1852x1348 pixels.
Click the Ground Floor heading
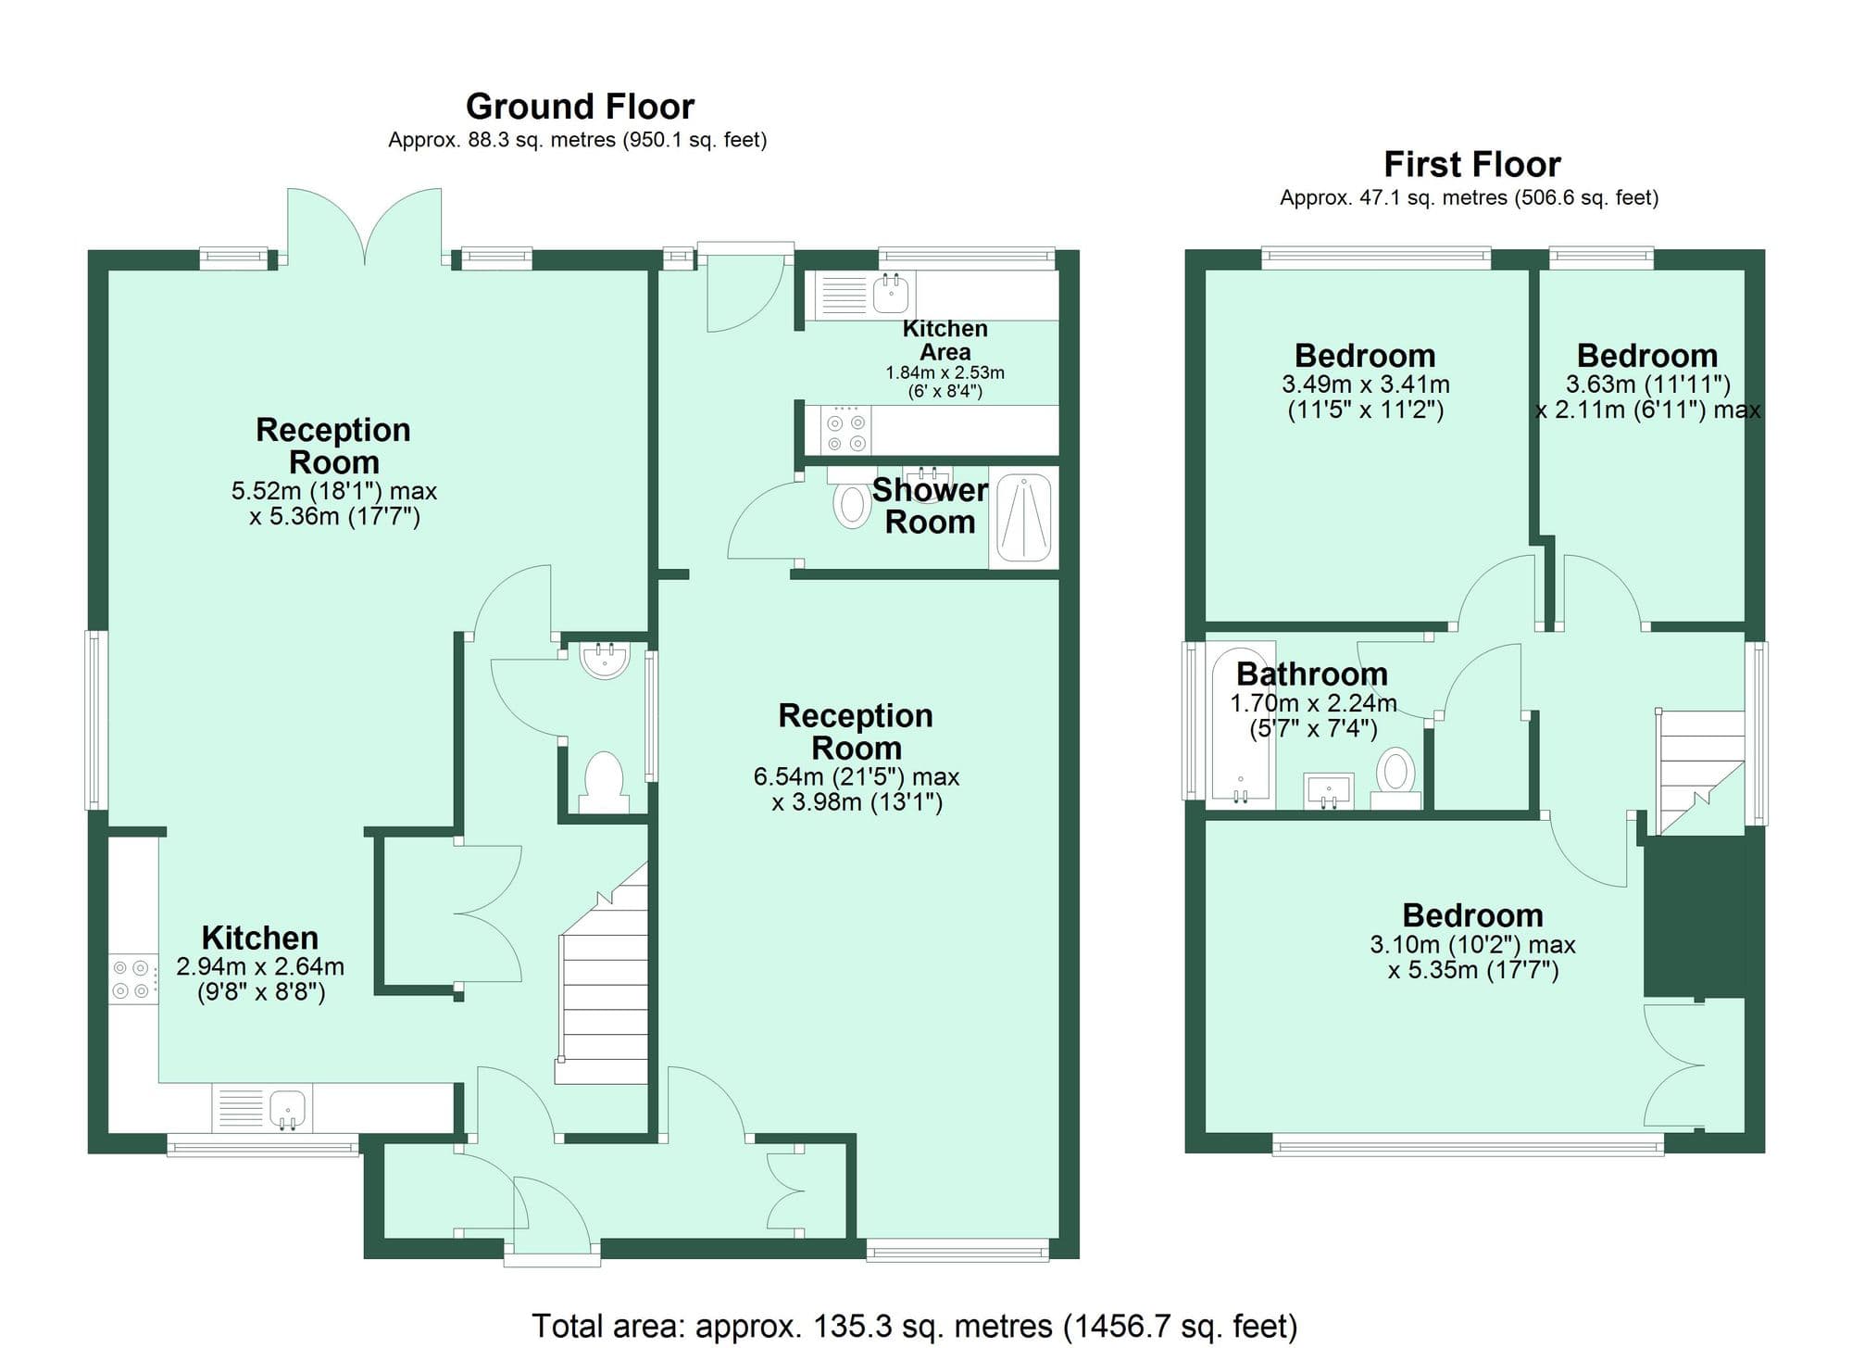click(x=580, y=107)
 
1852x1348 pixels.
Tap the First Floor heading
click(x=1471, y=164)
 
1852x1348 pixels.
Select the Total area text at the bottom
click(x=914, y=1326)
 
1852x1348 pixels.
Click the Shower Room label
click(x=930, y=506)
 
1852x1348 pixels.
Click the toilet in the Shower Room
click(x=851, y=506)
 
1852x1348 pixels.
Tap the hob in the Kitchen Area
click(x=846, y=431)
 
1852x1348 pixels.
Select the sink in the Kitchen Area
click(x=892, y=295)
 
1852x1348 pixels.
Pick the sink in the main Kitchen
click(x=288, y=1108)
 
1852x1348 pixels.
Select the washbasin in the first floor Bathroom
click(x=1329, y=791)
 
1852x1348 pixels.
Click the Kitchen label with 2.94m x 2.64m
click(x=260, y=938)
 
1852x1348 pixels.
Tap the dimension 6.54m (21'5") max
click(x=856, y=776)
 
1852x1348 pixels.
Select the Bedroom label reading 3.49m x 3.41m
click(x=1365, y=356)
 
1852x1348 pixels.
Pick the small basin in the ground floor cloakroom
click(x=605, y=660)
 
